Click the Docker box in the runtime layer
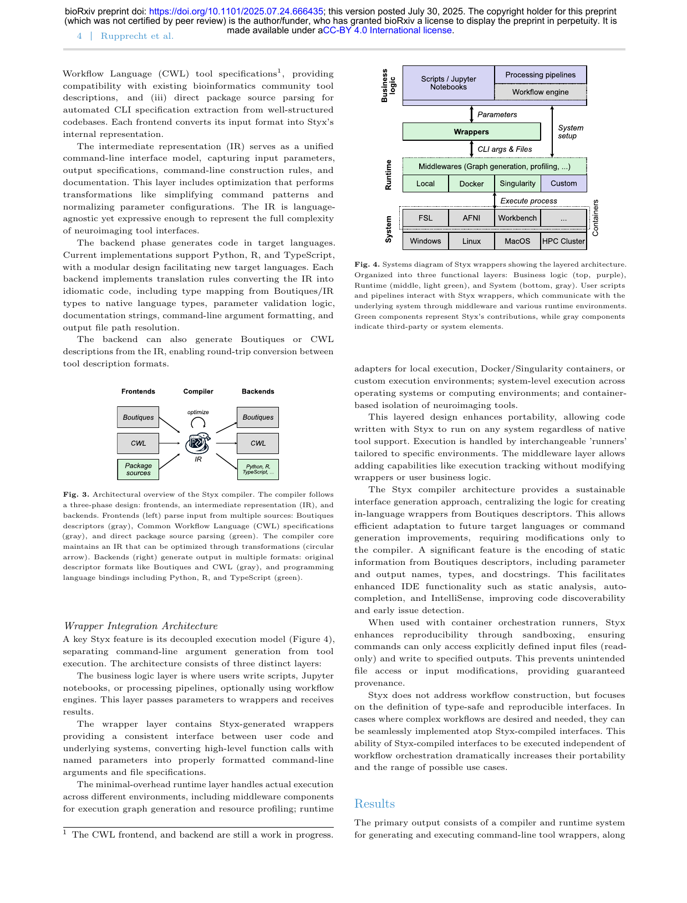point(471,183)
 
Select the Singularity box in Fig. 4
point(517,183)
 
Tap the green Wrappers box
point(471,132)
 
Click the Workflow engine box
point(540,92)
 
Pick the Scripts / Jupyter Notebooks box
point(448,83)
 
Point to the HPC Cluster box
point(563,241)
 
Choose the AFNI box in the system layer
point(471,218)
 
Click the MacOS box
point(517,241)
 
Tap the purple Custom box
point(563,183)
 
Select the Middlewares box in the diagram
point(494,166)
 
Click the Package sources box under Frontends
point(138,470)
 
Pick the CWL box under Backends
point(258,443)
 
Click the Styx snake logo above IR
point(198,442)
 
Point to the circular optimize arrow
point(198,422)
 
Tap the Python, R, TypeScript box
point(258,470)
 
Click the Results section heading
point(374,804)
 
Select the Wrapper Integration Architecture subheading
point(141,626)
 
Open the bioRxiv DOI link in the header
point(236,11)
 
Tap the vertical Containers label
point(596,218)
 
